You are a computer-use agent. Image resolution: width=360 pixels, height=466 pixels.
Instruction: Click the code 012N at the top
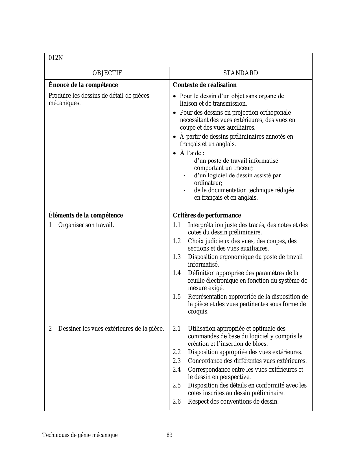click(56, 58)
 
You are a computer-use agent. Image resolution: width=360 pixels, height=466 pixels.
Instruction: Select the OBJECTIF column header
click(107, 73)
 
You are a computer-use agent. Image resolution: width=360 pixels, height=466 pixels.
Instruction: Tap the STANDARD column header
click(241, 73)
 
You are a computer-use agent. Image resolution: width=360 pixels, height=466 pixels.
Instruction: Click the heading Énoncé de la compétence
click(83, 85)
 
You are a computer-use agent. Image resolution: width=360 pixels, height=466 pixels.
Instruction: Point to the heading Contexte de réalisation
click(204, 85)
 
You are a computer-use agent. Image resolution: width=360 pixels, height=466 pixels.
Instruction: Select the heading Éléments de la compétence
click(86, 215)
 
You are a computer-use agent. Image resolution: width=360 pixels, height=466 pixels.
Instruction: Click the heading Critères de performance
click(207, 215)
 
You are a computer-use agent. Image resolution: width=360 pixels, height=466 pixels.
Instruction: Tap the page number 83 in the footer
click(169, 435)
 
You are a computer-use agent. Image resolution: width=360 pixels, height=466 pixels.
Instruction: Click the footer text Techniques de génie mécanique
click(80, 435)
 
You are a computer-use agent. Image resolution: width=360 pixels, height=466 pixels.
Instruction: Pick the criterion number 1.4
click(177, 273)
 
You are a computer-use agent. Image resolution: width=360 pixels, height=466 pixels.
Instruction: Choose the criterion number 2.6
click(177, 401)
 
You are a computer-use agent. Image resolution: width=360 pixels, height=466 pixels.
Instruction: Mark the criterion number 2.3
click(177, 361)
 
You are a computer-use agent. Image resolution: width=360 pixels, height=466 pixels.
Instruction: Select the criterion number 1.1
click(177, 225)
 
